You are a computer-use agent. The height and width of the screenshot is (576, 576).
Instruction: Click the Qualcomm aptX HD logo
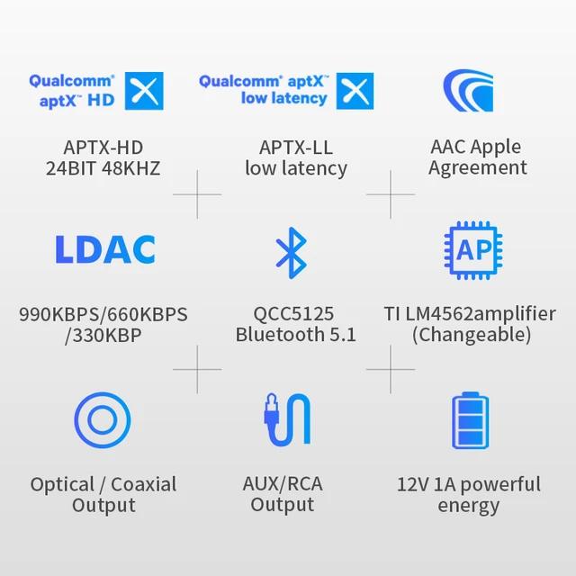tap(96, 91)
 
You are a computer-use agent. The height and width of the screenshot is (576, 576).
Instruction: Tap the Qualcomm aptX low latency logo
tap(286, 90)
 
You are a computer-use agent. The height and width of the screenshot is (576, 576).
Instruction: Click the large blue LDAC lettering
tap(104, 250)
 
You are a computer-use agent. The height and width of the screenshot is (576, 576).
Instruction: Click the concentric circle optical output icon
tap(103, 420)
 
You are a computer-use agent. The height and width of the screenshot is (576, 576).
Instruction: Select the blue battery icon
tap(470, 420)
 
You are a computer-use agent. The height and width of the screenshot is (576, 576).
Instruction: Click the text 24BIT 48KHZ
tap(103, 168)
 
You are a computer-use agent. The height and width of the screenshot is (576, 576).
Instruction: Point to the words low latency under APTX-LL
tap(296, 168)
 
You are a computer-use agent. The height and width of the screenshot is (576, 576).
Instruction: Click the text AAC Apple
tap(477, 147)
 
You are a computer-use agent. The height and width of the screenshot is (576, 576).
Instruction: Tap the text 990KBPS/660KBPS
tap(103, 315)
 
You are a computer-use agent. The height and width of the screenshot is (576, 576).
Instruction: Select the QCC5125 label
tap(293, 314)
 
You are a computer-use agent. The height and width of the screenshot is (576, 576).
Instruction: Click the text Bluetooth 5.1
tap(296, 335)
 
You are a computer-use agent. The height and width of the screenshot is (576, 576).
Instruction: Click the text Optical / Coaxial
tap(103, 484)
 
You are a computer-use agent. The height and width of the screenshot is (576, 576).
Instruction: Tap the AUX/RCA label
tap(283, 484)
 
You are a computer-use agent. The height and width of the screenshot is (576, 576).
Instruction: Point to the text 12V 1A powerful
tap(469, 484)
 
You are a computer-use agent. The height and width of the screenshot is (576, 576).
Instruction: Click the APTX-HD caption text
tap(103, 147)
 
